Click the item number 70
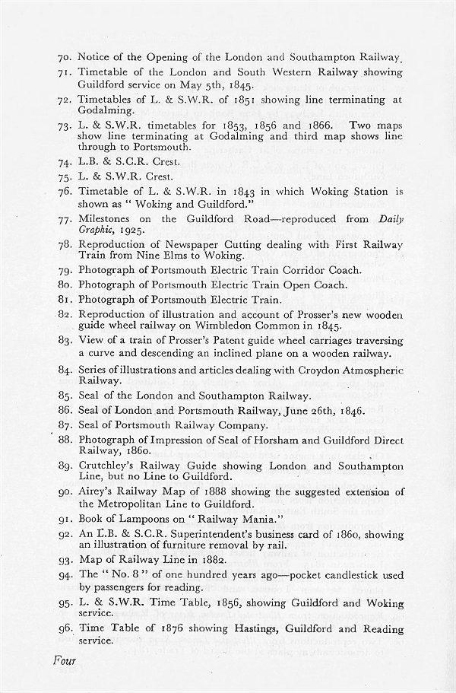tap(64, 57)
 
